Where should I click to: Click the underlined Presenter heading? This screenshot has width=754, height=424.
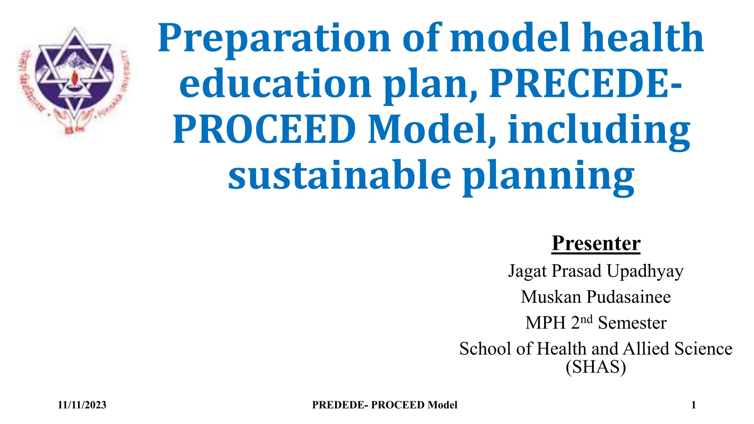pos(596,243)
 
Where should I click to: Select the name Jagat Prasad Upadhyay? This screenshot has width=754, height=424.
pos(596,271)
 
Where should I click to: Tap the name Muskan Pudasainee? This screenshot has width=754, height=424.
pos(596,297)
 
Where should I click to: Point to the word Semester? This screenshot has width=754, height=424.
pos(632,323)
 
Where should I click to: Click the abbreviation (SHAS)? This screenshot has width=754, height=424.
pos(596,367)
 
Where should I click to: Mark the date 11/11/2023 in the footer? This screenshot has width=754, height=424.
pos(82,405)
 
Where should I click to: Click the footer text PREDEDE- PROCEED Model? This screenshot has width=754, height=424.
pos(384,405)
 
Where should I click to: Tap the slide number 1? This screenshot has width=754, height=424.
pos(693,405)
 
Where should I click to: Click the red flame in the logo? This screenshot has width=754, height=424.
pos(76,78)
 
